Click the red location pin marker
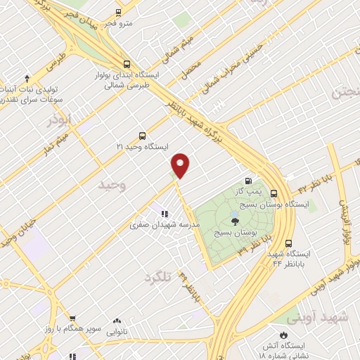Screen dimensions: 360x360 point(181,165)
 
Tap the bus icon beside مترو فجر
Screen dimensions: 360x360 point(117,12)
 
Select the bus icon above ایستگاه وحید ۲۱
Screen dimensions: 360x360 point(143,136)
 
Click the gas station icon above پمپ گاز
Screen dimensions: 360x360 point(248,180)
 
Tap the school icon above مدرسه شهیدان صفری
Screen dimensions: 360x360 point(165,214)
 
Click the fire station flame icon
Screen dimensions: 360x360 point(284,335)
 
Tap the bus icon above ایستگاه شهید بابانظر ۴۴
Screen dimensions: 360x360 point(276,241)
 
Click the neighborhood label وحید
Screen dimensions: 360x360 point(111,186)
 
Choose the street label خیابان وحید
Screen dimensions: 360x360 point(18,232)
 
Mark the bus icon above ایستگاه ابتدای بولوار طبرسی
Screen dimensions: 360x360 point(126,63)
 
